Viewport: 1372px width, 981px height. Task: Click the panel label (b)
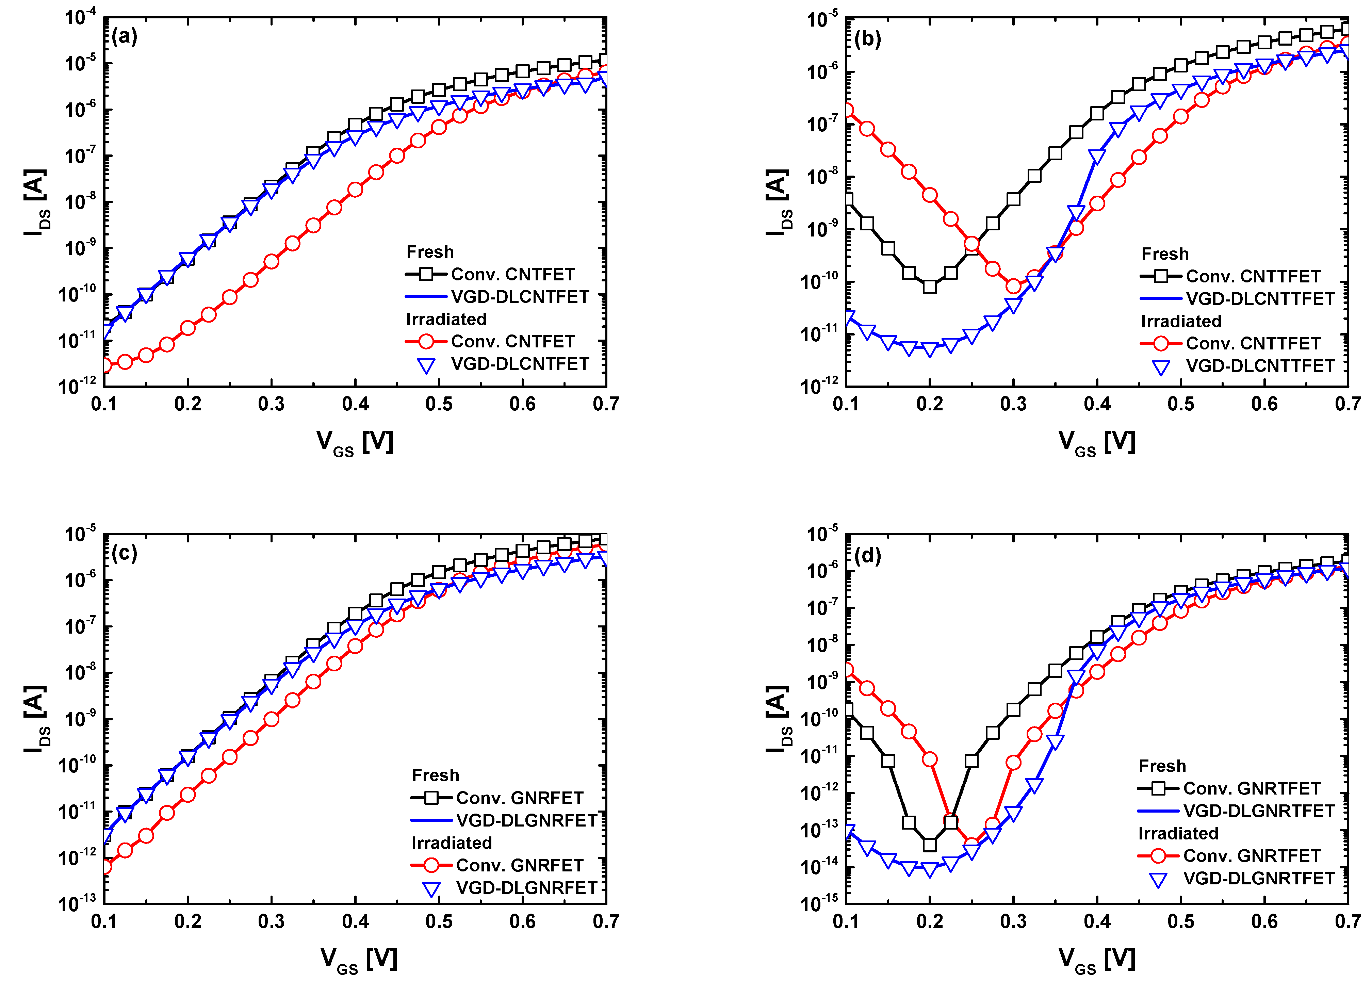coord(868,39)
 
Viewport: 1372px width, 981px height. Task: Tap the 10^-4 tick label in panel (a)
coord(80,17)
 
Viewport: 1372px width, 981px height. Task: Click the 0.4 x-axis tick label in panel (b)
coord(1096,404)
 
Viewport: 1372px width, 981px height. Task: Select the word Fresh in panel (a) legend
coord(429,252)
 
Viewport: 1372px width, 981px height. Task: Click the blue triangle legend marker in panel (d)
coord(1158,880)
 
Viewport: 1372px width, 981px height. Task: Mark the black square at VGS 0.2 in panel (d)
coord(930,845)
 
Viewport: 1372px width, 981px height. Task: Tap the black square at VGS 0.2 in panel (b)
coord(930,286)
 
